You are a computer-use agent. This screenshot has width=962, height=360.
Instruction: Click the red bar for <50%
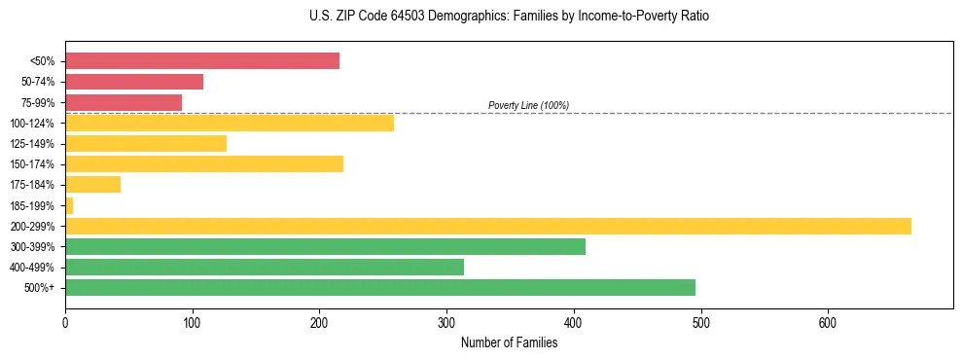coord(202,61)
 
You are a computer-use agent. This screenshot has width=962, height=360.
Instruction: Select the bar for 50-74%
coord(134,82)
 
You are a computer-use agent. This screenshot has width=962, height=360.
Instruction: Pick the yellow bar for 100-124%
coord(230,123)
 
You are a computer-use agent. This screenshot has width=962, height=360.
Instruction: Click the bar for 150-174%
coord(204,163)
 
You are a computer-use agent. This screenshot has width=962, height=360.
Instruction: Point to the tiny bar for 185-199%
coord(69,205)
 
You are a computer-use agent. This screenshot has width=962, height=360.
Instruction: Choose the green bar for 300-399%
coord(325,246)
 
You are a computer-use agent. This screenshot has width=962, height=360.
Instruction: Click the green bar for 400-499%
coord(265,267)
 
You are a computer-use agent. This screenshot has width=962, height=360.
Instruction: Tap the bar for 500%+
coord(380,287)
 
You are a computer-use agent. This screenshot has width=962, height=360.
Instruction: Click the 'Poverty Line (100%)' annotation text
coord(528,105)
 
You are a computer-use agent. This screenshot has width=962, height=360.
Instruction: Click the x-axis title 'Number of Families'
coord(509,342)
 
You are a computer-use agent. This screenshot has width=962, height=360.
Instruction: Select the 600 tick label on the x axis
coord(828,322)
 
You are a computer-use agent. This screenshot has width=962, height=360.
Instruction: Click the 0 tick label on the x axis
coord(65,322)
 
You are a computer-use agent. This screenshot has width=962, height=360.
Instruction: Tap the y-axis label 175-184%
coord(32,185)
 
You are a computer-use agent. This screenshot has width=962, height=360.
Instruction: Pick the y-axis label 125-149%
coord(32,144)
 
